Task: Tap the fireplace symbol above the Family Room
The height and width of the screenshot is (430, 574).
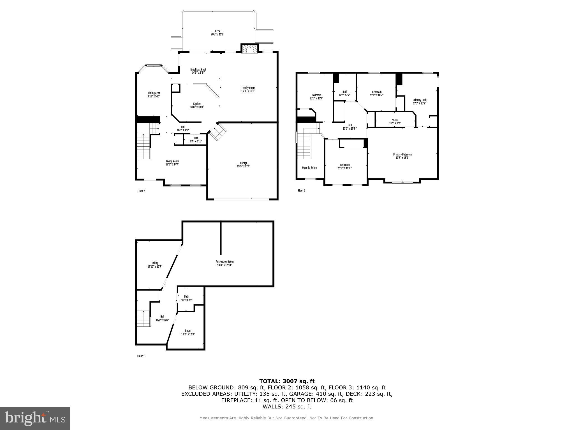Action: (249, 50)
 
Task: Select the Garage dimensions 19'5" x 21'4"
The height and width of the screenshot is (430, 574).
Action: (243, 166)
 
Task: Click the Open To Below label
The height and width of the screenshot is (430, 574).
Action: (310, 168)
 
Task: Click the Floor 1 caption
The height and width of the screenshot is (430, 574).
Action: (141, 356)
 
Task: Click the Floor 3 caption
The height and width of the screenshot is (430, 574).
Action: (302, 191)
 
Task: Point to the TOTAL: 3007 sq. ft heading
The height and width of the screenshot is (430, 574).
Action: (287, 381)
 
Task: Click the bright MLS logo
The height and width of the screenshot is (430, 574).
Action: (35, 418)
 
